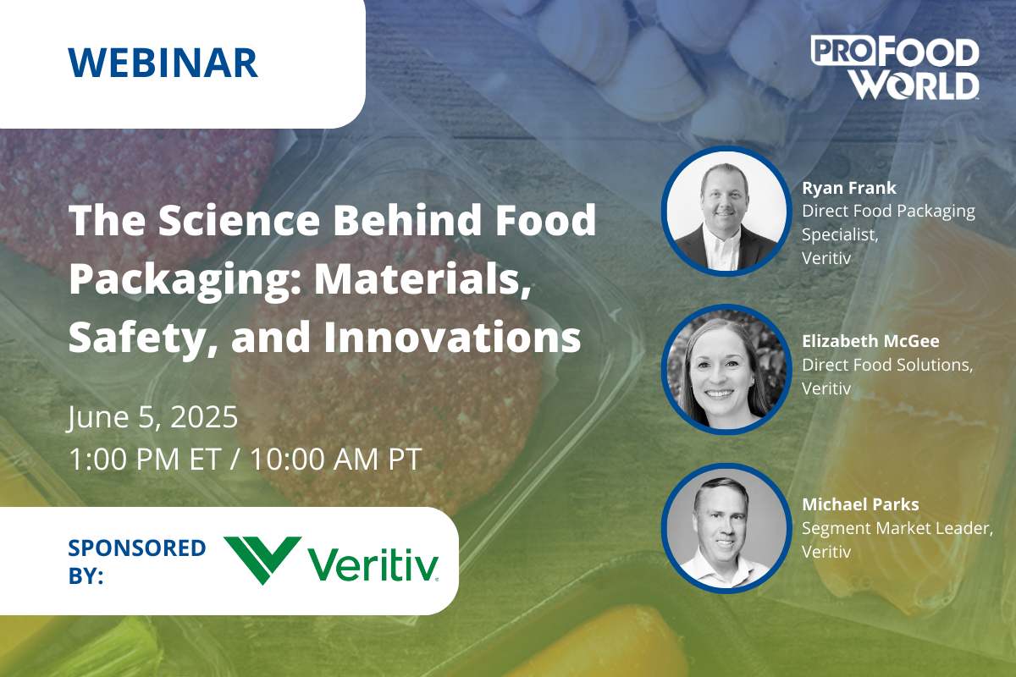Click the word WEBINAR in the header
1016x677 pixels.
click(x=163, y=63)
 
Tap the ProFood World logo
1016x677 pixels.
click(x=895, y=68)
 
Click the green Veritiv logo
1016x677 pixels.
click(x=331, y=561)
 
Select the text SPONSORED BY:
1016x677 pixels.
click(x=137, y=561)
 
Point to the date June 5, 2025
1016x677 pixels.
click(x=153, y=417)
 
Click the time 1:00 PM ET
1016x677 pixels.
click(x=145, y=459)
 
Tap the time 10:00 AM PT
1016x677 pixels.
click(x=336, y=459)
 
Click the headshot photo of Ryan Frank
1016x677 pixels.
click(x=726, y=211)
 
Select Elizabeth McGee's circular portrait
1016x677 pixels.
click(x=726, y=369)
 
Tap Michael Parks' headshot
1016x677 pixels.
click(x=726, y=528)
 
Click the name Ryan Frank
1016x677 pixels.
click(x=849, y=188)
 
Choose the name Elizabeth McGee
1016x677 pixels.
click(x=871, y=341)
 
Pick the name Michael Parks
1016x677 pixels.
click(x=860, y=504)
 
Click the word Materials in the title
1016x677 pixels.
click(x=423, y=279)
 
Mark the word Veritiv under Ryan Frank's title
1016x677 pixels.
click(x=826, y=258)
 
